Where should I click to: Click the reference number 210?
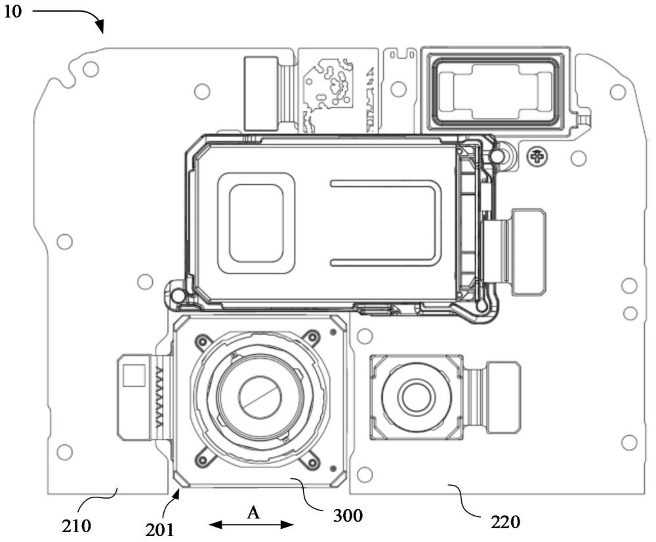(x=76, y=525)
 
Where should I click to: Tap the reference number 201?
(x=159, y=530)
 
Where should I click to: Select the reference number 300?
(x=348, y=516)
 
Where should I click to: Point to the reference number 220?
(x=505, y=522)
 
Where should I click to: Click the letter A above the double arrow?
(x=253, y=512)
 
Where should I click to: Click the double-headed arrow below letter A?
(x=251, y=524)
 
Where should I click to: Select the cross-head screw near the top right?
(x=536, y=157)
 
